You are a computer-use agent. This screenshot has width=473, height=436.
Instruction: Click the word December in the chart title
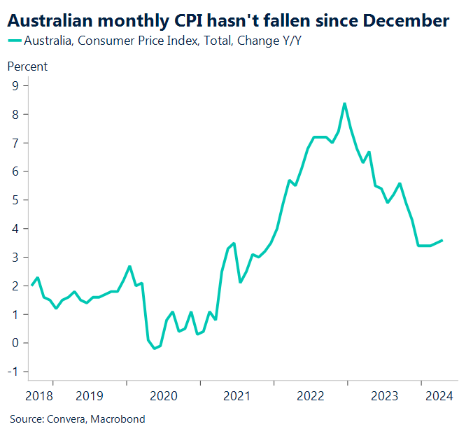(x=406, y=21)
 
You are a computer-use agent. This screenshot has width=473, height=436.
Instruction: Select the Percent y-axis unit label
(x=27, y=66)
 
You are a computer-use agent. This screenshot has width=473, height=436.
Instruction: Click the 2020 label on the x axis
(x=163, y=396)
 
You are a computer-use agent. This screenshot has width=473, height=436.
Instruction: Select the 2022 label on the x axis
(x=311, y=396)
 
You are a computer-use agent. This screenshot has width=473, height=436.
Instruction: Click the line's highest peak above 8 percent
(x=344, y=104)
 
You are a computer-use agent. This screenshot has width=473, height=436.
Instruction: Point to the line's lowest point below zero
(x=155, y=349)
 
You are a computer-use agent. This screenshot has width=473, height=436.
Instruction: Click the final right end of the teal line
(x=442, y=240)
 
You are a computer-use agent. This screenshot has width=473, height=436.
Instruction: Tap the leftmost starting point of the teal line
(x=31, y=285)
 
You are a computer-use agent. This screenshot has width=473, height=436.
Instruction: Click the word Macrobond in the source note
(x=120, y=419)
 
